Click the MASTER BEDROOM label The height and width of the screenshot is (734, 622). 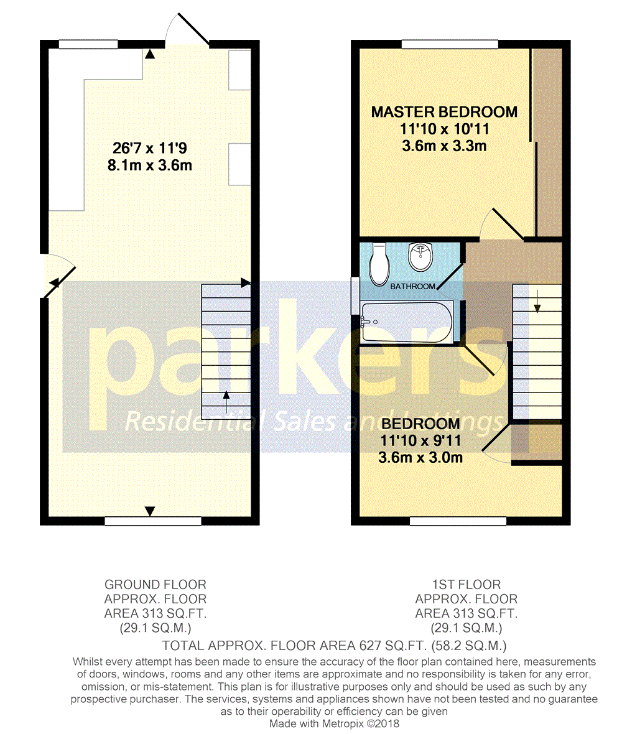pyautogui.click(x=444, y=112)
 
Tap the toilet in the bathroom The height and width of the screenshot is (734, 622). pyautogui.click(x=378, y=264)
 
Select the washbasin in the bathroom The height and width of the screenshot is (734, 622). pyautogui.click(x=421, y=257)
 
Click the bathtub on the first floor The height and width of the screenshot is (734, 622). pyautogui.click(x=406, y=322)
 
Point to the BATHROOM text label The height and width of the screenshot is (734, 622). pyautogui.click(x=412, y=287)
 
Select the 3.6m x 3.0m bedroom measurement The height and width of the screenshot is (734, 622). pyautogui.click(x=420, y=458)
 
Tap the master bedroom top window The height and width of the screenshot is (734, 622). pyautogui.click(x=450, y=44)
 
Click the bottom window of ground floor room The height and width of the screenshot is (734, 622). pyautogui.click(x=153, y=521)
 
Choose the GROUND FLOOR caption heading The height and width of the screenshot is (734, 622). pyautogui.click(x=155, y=585)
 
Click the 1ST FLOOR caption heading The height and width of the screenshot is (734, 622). pyautogui.click(x=466, y=585)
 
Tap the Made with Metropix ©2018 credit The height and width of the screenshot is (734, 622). pyautogui.click(x=334, y=724)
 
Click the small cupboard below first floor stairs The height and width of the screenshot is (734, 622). pyautogui.click(x=536, y=443)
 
